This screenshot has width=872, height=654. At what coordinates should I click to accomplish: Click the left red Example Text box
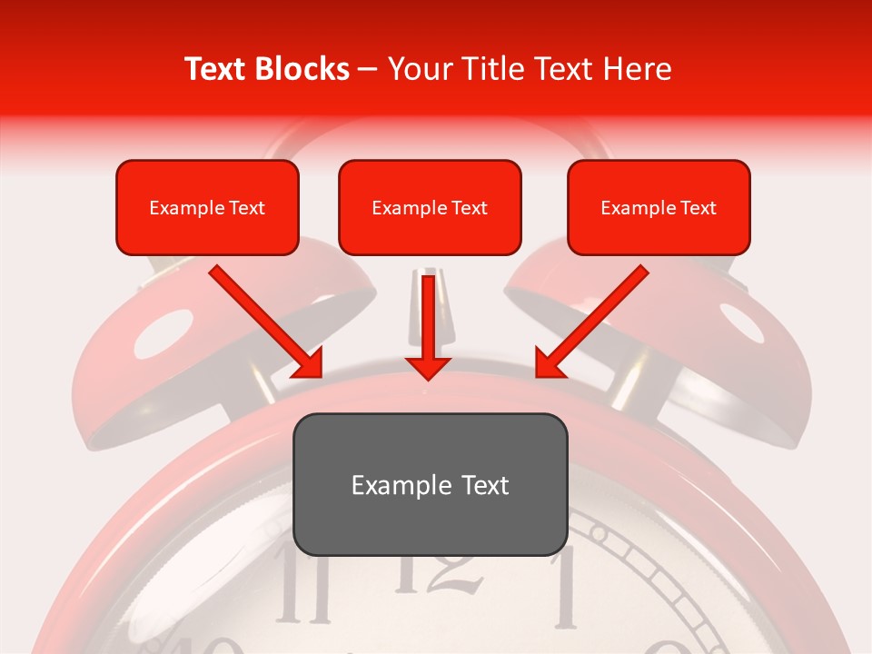pyautogui.click(x=207, y=207)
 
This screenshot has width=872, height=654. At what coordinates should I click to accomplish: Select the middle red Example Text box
pyautogui.click(x=430, y=207)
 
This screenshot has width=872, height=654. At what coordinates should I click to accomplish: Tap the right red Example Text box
pyautogui.click(x=659, y=207)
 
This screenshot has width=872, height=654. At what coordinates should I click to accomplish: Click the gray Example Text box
pyautogui.click(x=430, y=484)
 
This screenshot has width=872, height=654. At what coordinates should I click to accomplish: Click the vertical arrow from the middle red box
pyautogui.click(x=428, y=327)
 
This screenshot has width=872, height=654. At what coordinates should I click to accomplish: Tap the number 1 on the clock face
pyautogui.click(x=565, y=588)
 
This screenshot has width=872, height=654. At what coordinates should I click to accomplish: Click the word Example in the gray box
pyautogui.click(x=390, y=485)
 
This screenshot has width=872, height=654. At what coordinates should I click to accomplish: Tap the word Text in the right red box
pyautogui.click(x=698, y=208)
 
